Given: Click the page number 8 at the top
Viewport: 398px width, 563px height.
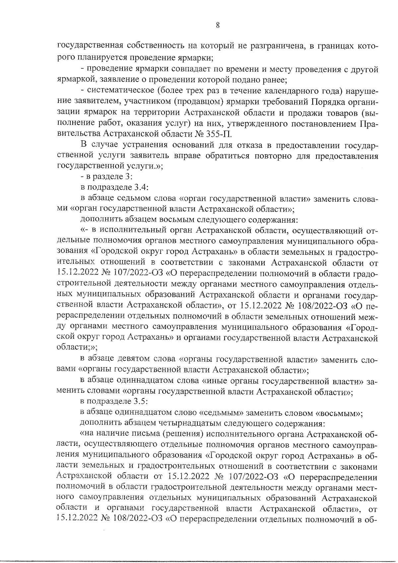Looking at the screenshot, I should click(218, 26).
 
